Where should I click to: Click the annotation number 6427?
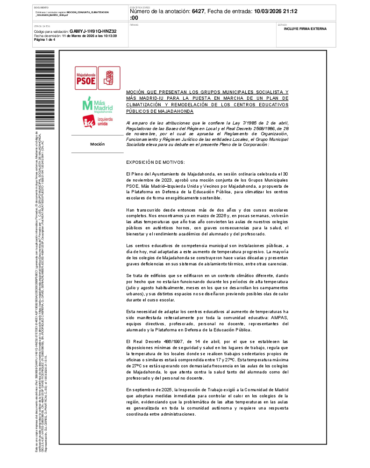[x=198, y=11]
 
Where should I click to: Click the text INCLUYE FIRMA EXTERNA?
[x=305, y=29]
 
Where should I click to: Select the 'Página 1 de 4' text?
[x=44, y=40]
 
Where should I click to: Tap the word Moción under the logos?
[x=97, y=144]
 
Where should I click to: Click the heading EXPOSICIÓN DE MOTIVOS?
[x=155, y=162]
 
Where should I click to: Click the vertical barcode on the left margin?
[x=38, y=89]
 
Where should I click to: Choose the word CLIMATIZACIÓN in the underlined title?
[x=146, y=105]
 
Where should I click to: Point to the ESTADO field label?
[x=282, y=24]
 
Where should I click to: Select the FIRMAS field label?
[x=134, y=24]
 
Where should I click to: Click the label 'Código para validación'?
[x=51, y=31]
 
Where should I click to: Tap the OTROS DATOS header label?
[x=41, y=26]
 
